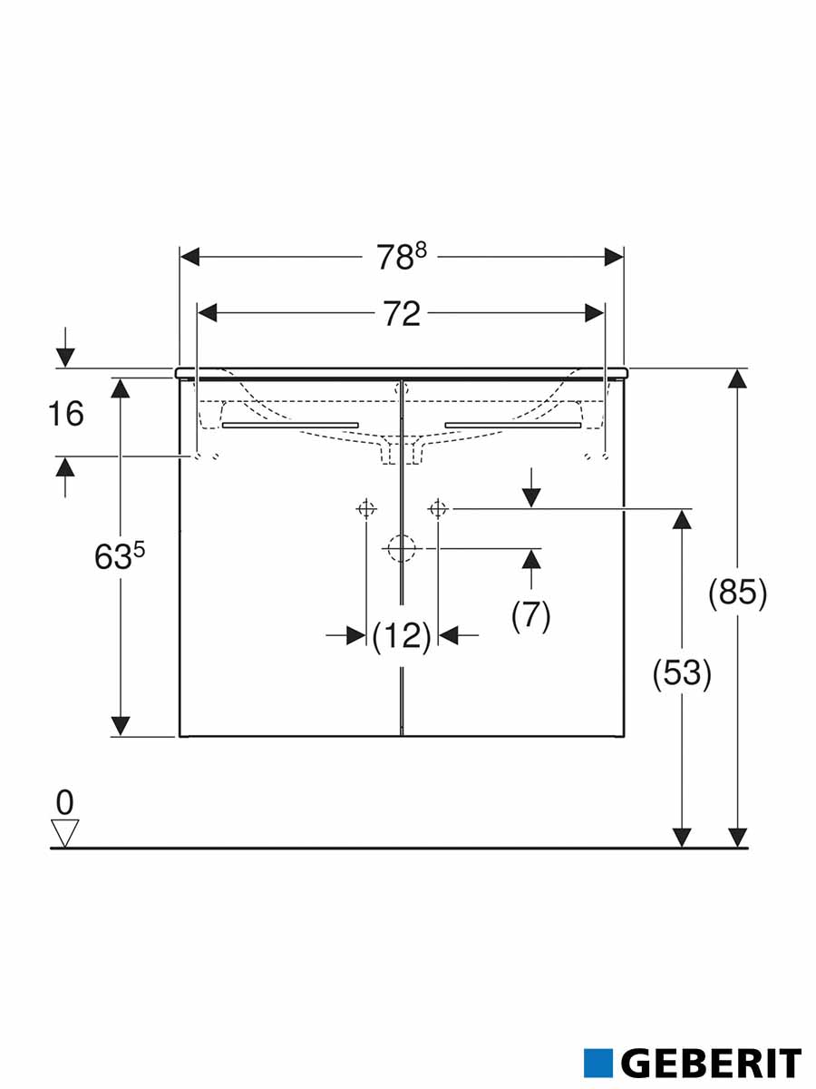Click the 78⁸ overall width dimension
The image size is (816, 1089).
click(x=402, y=257)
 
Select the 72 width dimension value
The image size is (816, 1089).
click(x=402, y=314)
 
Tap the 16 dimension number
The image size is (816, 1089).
click(x=66, y=414)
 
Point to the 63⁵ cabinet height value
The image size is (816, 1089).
click(x=120, y=556)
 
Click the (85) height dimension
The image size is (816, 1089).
click(x=737, y=593)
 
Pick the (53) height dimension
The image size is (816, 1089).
click(x=682, y=673)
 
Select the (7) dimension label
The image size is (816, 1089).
click(x=531, y=615)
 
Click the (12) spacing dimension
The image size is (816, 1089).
click(x=402, y=636)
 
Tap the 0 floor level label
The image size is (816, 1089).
click(x=64, y=803)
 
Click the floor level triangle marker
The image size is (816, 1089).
click(x=65, y=833)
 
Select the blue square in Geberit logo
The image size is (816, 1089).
click(x=598, y=1048)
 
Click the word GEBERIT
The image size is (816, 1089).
click(x=712, y=1049)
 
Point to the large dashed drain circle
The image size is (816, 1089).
click(x=402, y=548)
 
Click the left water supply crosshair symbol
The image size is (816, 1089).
click(x=366, y=509)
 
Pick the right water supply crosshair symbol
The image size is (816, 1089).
click(x=438, y=509)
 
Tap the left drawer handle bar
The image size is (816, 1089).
click(x=290, y=425)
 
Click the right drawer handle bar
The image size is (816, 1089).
click(x=513, y=425)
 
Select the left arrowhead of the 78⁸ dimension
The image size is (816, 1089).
click(x=189, y=257)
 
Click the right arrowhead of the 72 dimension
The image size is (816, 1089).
click(x=594, y=314)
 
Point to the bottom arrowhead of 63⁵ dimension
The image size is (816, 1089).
click(x=120, y=726)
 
